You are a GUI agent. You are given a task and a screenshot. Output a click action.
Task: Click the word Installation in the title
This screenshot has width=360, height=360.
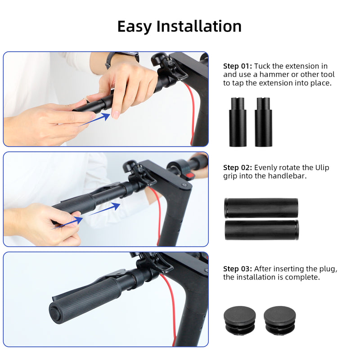click(199, 26)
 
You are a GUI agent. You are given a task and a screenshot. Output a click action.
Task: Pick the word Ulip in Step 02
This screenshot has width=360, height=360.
click(322, 168)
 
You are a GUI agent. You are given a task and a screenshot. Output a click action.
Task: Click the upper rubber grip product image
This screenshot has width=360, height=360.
click(261, 208)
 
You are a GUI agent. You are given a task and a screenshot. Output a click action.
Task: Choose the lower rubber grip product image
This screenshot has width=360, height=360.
click(261, 229)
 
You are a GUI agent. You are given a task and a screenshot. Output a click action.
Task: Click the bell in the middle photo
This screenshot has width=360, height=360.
click(131, 167)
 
